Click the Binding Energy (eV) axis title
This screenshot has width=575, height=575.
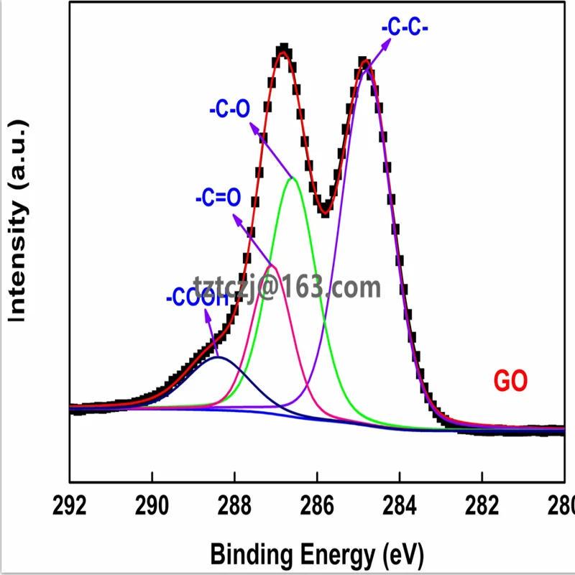coord(317,554)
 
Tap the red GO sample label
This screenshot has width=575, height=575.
coord(511,381)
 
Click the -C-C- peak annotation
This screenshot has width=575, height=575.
coord(405,30)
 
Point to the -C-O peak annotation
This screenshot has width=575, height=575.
coord(229,110)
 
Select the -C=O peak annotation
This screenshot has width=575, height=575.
coord(216,197)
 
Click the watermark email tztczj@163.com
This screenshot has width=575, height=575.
coord(287,287)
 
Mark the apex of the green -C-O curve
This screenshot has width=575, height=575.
coord(293,178)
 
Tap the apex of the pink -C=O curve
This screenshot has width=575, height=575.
coord(272,266)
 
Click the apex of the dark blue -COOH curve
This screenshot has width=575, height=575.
coord(218,357)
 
